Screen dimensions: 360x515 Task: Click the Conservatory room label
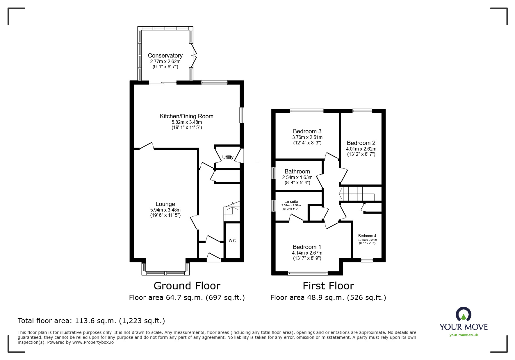click(165, 55)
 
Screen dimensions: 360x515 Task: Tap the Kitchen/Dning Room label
click(186, 116)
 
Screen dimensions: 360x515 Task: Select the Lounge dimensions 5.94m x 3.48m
click(165, 210)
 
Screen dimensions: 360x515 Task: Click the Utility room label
click(228, 157)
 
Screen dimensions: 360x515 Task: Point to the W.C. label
click(232, 241)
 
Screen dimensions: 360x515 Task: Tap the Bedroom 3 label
click(307, 131)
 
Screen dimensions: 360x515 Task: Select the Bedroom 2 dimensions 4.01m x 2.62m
click(361, 149)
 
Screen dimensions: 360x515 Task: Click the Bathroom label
click(297, 171)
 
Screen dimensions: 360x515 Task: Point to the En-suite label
click(291, 201)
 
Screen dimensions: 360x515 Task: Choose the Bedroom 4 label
click(367, 236)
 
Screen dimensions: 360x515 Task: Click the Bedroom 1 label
click(307, 247)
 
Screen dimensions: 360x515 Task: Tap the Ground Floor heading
click(187, 286)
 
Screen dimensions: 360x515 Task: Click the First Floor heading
click(328, 286)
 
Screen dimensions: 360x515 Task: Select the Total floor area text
click(91, 321)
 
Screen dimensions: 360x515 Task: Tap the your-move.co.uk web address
click(463, 335)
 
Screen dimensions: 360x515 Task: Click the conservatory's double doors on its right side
click(193, 53)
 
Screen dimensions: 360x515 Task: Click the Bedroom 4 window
click(367, 260)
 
